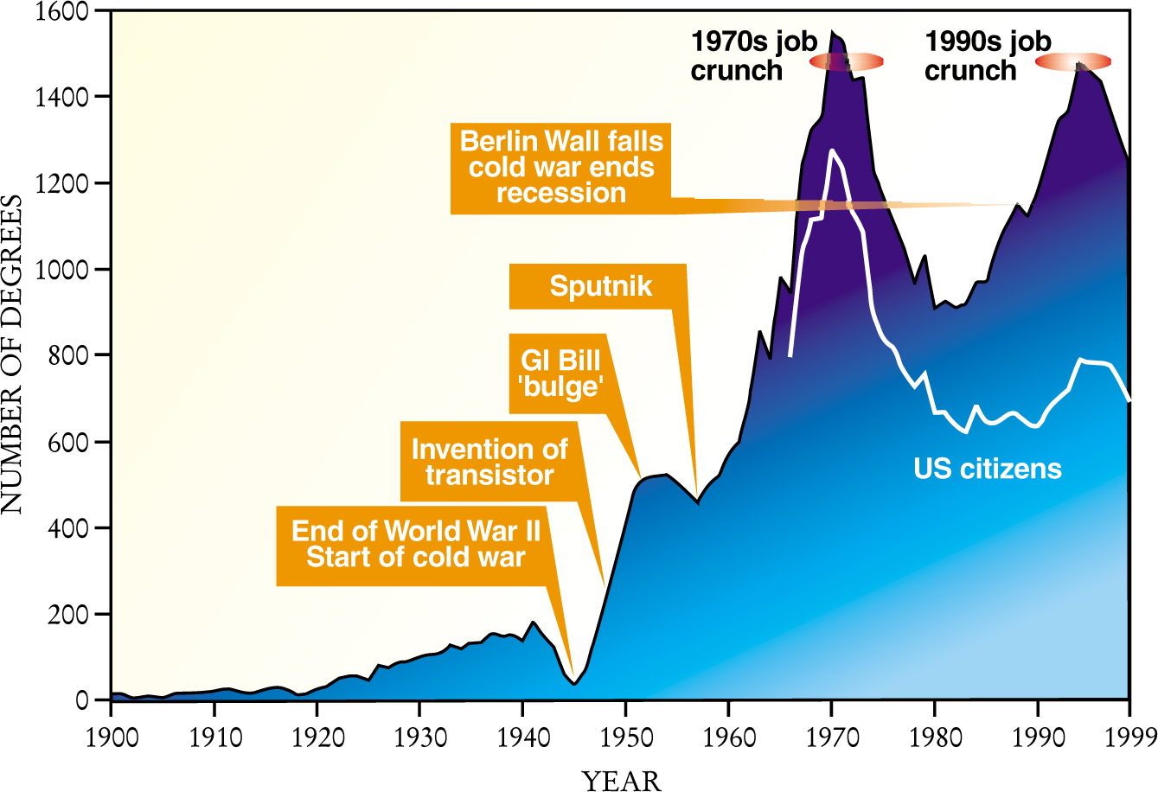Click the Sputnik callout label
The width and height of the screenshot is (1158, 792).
point(600,286)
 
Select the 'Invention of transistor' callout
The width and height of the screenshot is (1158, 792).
point(489,462)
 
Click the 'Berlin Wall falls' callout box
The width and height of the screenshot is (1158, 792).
point(561,167)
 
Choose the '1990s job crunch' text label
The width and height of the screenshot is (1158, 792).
point(988,55)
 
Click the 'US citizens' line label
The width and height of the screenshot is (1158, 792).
point(988,469)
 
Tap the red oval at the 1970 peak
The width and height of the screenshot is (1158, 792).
point(846,61)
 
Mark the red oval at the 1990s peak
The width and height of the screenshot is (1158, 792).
point(1073,61)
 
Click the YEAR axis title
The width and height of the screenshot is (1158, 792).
point(621,780)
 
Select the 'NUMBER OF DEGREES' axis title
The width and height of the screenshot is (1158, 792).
point(12,354)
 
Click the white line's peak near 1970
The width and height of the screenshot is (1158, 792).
point(832,150)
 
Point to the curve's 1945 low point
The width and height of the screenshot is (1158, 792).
point(574,684)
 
